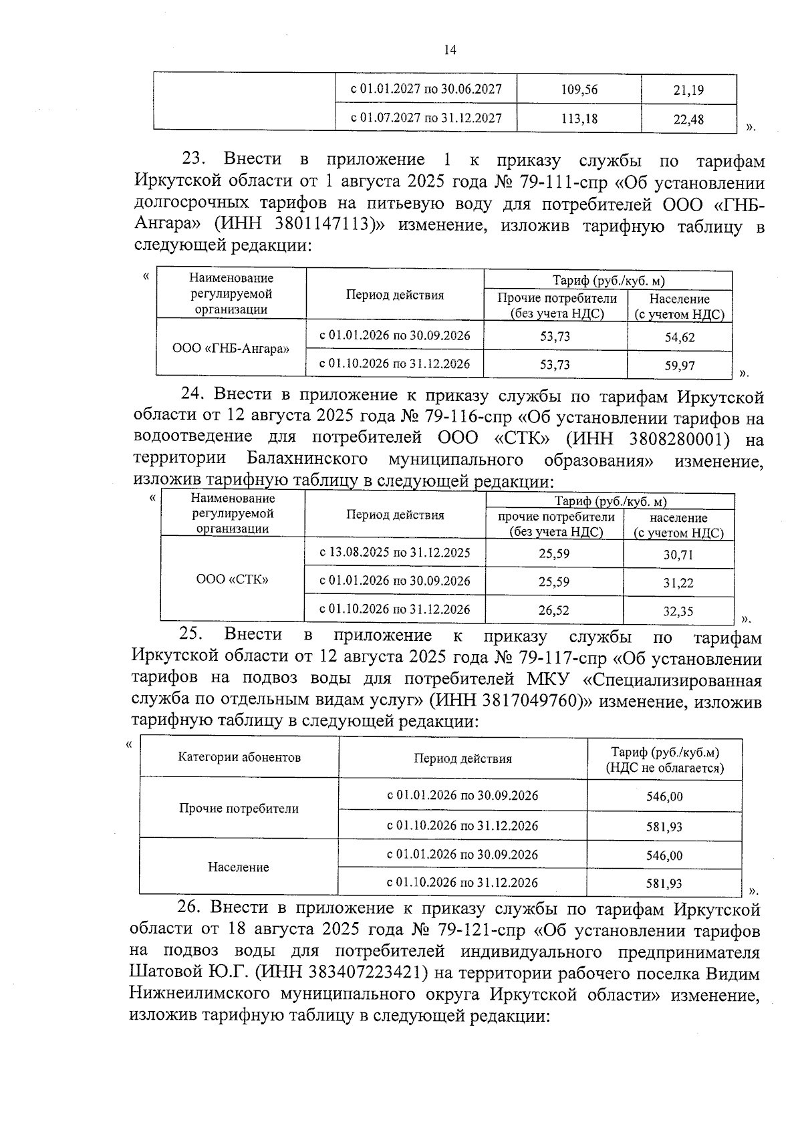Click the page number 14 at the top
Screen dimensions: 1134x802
pyautogui.click(x=450, y=50)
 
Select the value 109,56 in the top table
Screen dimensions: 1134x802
pyautogui.click(x=579, y=90)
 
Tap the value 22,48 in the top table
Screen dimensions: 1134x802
pyautogui.click(x=688, y=120)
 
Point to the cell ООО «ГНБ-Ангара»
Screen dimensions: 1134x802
pyautogui.click(x=231, y=349)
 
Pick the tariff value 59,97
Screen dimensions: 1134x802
pyautogui.click(x=679, y=366)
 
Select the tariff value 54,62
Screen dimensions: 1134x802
pyautogui.click(x=679, y=337)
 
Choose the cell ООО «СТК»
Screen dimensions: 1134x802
pyautogui.click(x=232, y=579)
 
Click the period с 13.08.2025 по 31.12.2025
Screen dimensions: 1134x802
pyautogui.click(x=394, y=553)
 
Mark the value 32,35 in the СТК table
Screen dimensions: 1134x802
pyautogui.click(x=678, y=611)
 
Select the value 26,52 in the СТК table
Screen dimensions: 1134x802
pyautogui.click(x=554, y=610)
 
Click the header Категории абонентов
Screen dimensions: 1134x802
pyautogui.click(x=239, y=757)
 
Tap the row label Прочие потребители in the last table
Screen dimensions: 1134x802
pyautogui.click(x=239, y=809)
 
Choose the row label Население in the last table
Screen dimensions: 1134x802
pyautogui.click(x=239, y=867)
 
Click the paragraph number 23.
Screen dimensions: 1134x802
pyautogui.click(x=196, y=160)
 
